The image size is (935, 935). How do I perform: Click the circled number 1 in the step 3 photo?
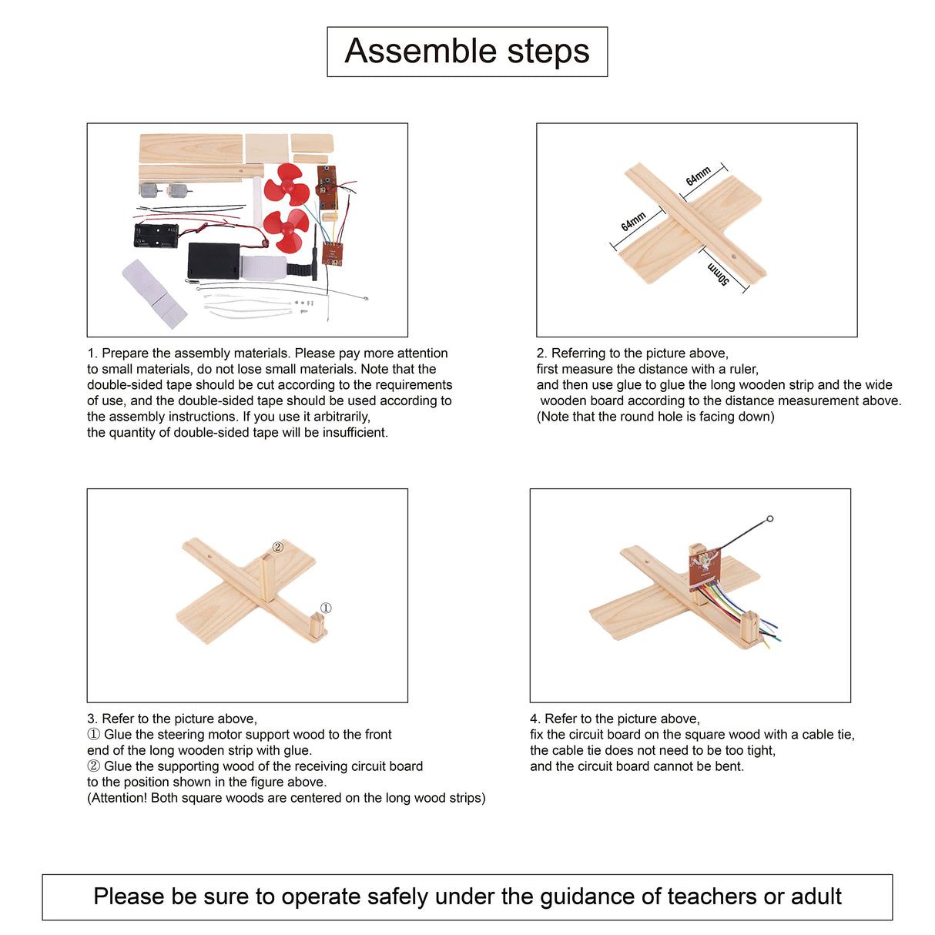326,608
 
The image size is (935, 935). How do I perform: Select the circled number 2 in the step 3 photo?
278,548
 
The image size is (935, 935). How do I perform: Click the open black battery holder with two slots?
156,235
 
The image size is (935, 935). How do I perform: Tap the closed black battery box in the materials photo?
213,261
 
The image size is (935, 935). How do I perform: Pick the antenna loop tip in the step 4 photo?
769,519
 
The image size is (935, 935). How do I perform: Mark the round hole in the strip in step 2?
734,258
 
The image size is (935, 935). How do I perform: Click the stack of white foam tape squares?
155,292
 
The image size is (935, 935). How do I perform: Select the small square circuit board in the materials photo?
332,253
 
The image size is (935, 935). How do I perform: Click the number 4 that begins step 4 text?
535,719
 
